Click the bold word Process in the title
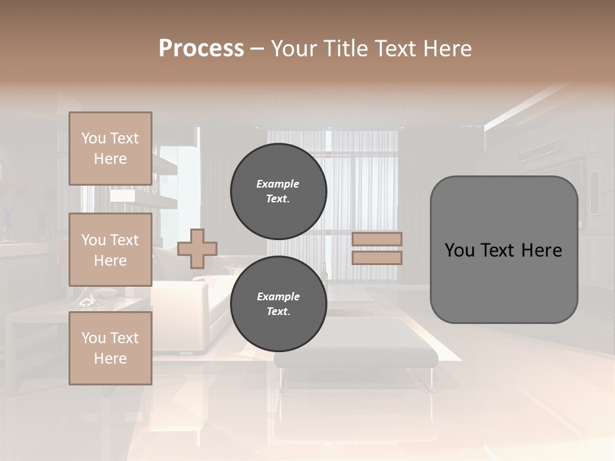(201, 48)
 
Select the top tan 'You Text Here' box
(110, 149)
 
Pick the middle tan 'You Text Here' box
(110, 250)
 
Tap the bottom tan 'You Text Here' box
(110, 348)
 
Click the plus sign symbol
(197, 248)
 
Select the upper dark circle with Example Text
(278, 191)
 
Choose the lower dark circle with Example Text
(278, 304)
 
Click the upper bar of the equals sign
(377, 239)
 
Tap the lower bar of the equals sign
(377, 257)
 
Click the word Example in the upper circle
(278, 184)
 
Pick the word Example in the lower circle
(278, 296)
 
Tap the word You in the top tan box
(93, 138)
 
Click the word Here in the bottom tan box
(110, 359)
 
